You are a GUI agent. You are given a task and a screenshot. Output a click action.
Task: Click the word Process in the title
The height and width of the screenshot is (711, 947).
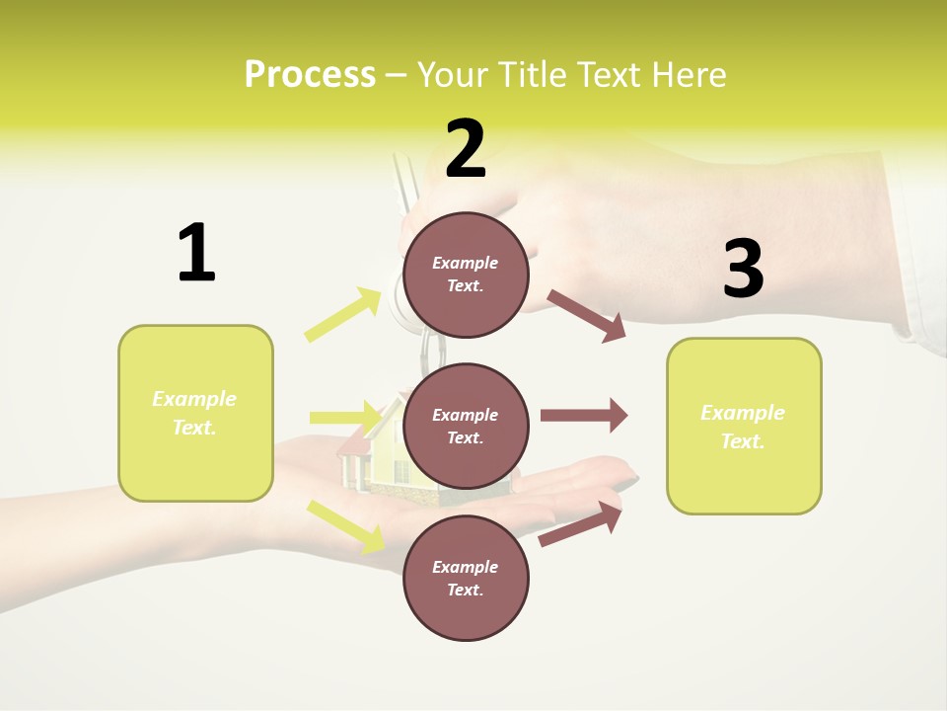[310, 75]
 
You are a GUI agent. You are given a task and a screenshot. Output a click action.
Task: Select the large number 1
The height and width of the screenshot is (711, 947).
[196, 253]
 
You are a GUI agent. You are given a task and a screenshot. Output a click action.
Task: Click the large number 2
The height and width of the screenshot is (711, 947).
[466, 149]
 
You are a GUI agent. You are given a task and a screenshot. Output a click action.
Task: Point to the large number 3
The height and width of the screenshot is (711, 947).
[743, 270]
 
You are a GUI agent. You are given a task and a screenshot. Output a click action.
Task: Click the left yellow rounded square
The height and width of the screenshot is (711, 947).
[195, 413]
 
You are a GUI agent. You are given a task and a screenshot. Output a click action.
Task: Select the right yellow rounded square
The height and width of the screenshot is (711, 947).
[744, 426]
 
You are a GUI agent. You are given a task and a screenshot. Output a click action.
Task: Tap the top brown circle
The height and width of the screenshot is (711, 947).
[466, 275]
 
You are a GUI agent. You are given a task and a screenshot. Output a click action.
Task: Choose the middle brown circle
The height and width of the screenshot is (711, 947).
[466, 426]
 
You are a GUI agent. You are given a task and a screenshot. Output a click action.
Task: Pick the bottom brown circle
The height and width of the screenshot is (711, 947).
[466, 578]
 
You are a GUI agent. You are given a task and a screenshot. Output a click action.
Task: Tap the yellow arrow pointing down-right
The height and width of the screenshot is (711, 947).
[345, 524]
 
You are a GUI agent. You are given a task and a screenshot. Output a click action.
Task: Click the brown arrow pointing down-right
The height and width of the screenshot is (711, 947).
[587, 315]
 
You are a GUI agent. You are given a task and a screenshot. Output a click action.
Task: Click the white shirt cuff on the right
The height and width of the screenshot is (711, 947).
[922, 276]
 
